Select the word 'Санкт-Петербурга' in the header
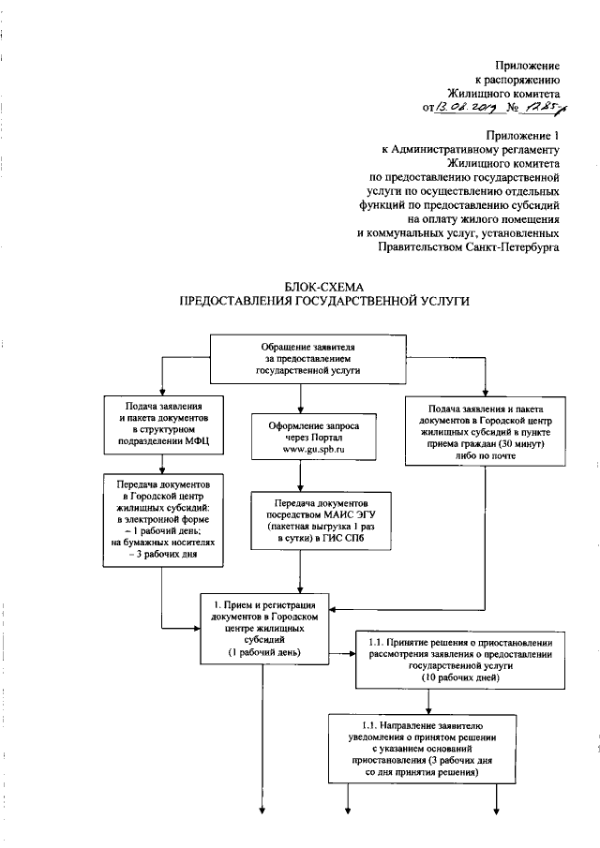(510, 248)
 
